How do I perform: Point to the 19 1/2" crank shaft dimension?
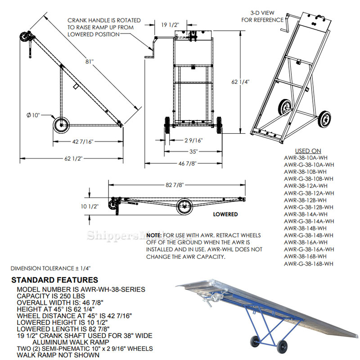pyautogui.click(x=170, y=25)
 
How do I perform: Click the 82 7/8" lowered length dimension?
pyautogui.click(x=175, y=185)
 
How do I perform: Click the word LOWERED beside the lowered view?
pyautogui.click(x=225, y=215)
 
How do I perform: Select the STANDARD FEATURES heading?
pyautogui.click(x=54, y=280)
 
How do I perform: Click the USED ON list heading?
pyautogui.click(x=308, y=151)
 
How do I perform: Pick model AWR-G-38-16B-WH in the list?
pyautogui.click(x=308, y=264)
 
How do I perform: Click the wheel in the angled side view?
pyautogui.click(x=60, y=126)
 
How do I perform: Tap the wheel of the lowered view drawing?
pyautogui.click(x=184, y=207)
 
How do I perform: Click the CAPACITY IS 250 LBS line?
pyautogui.click(x=50, y=296)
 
